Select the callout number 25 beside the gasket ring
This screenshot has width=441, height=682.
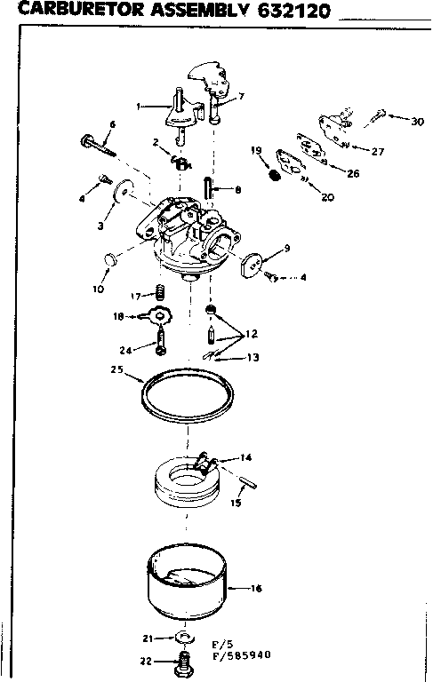click(x=116, y=370)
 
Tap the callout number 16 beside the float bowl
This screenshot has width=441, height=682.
click(x=257, y=588)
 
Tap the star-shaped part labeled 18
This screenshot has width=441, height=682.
click(x=159, y=315)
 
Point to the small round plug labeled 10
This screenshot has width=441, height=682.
click(x=111, y=259)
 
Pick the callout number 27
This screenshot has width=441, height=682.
click(x=377, y=152)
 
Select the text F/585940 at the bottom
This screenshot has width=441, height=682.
click(x=243, y=658)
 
